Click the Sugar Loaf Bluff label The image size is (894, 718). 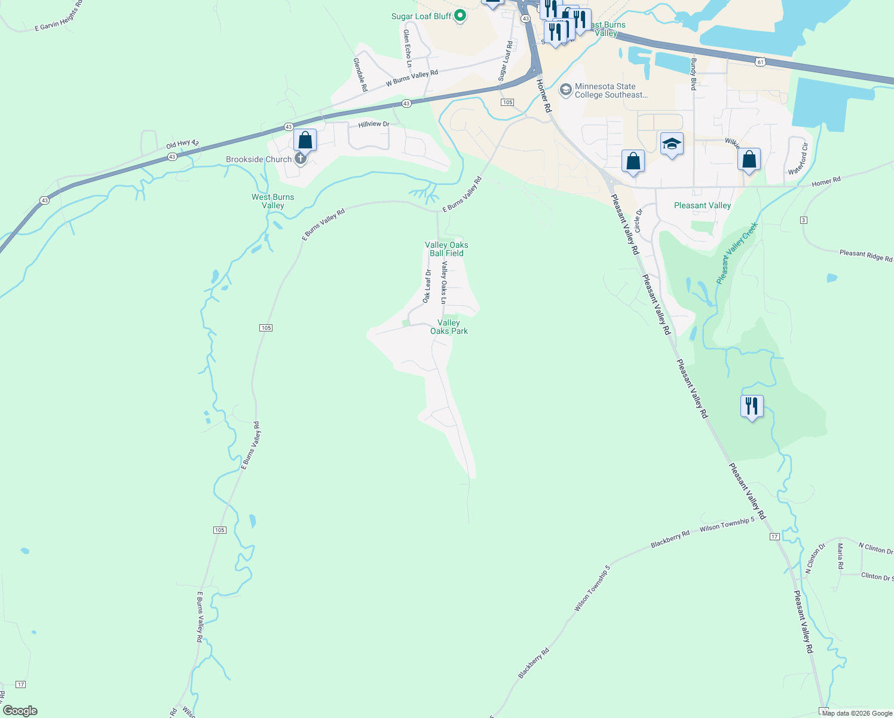point(421,16)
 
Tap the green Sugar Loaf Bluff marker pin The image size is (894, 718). point(460,16)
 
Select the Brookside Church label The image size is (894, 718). point(259,159)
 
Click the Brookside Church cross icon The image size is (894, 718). point(301,159)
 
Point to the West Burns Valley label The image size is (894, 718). point(273,201)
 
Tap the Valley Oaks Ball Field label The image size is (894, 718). point(446,249)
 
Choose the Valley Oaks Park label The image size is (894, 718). point(449,327)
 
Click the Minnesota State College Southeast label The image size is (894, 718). point(611,90)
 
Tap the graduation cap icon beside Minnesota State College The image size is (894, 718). point(565,90)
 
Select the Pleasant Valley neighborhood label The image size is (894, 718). point(702,205)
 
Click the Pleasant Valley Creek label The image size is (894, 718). point(737,252)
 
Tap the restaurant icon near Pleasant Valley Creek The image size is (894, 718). point(752,406)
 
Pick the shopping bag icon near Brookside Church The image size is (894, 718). point(305,141)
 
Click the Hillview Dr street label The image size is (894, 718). point(373,124)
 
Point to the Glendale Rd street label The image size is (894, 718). point(360,74)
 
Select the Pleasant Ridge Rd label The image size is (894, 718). point(865,255)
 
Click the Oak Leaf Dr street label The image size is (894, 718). point(427,286)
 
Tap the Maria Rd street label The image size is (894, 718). point(840,556)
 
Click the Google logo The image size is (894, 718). point(20,711)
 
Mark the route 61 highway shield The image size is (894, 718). point(760,62)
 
